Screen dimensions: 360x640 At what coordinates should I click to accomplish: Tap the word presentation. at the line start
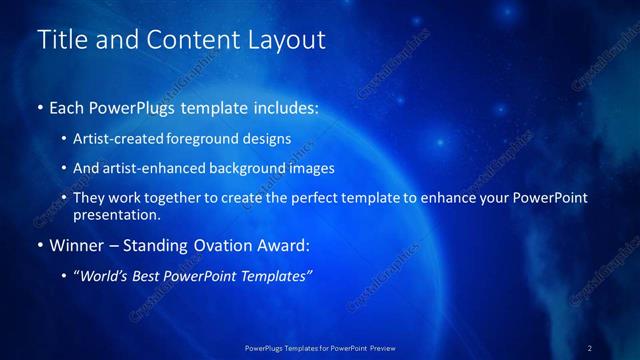[x=116, y=214]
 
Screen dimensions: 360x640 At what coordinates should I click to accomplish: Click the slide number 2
[x=591, y=347]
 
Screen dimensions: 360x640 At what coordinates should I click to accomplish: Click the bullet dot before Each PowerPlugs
[x=40, y=106]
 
